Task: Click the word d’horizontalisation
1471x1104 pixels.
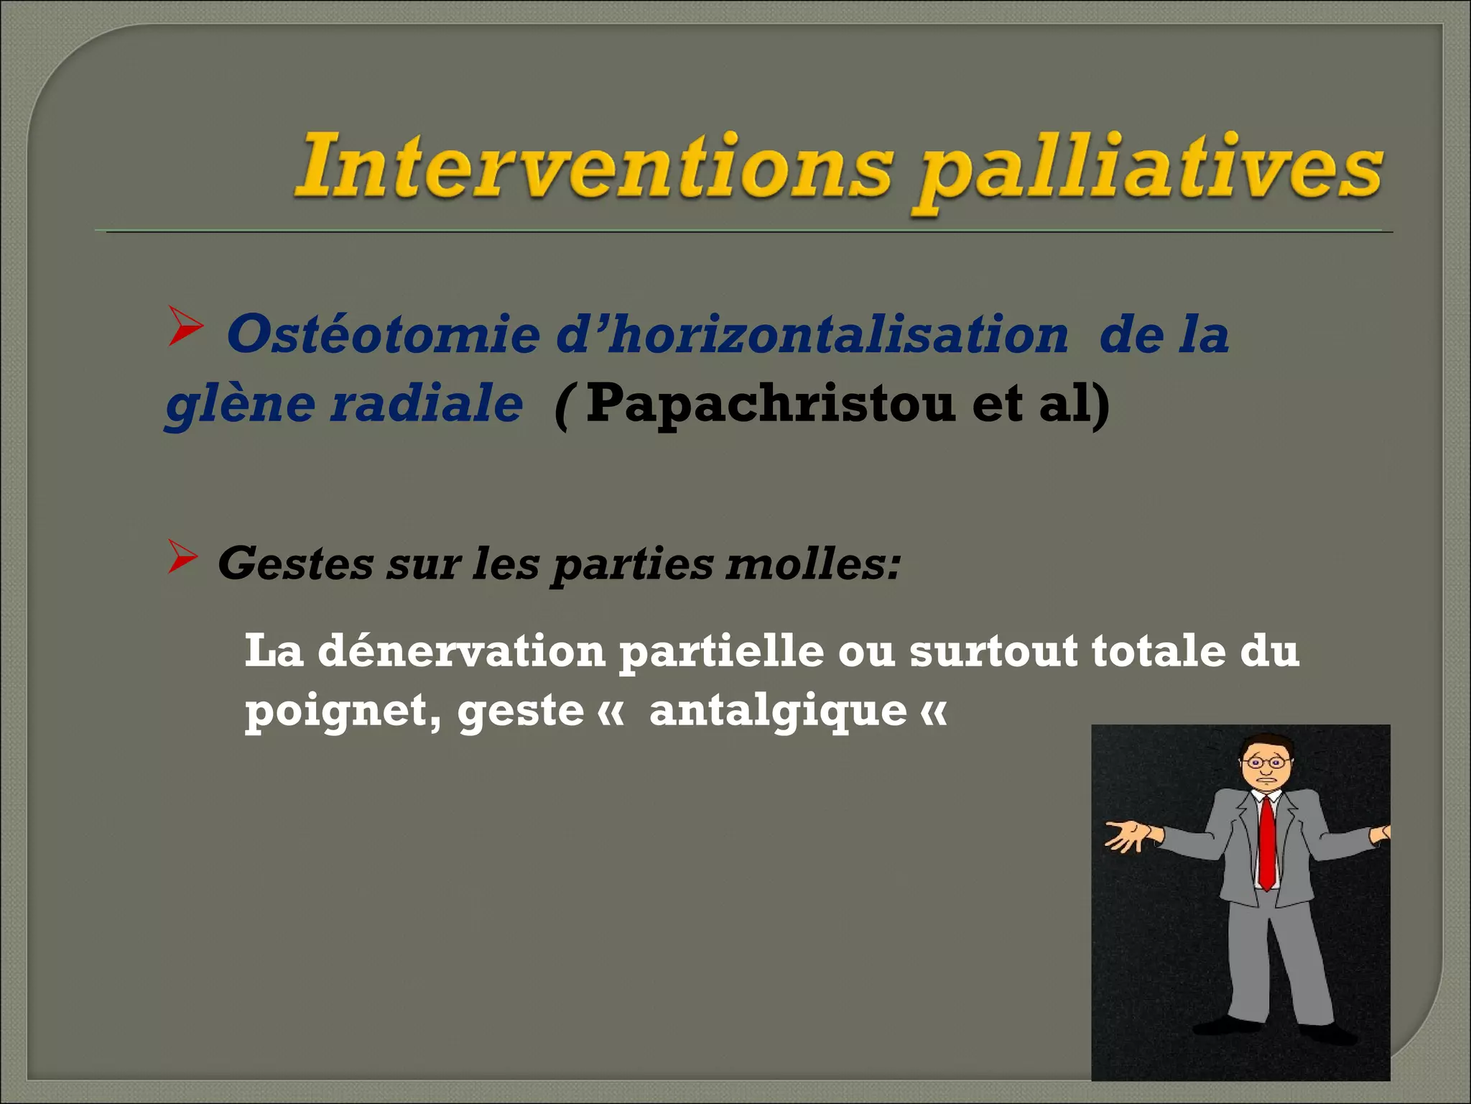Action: (x=812, y=335)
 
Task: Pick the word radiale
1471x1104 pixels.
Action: (x=427, y=403)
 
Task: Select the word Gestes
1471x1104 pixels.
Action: (x=295, y=564)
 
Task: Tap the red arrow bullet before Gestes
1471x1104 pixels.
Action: (x=182, y=556)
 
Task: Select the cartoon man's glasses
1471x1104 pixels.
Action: (x=1266, y=763)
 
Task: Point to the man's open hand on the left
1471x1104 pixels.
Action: (x=1126, y=835)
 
